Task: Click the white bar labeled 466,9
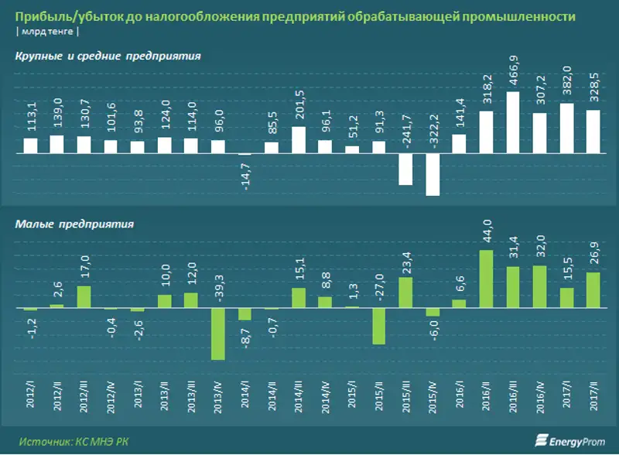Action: (x=512, y=123)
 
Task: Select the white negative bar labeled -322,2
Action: (x=433, y=174)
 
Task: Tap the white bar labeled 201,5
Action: (x=299, y=140)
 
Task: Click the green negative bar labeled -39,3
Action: (x=217, y=334)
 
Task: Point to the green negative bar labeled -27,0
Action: (x=379, y=326)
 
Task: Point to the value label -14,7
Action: (x=245, y=176)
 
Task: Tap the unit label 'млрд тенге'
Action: (x=47, y=32)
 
